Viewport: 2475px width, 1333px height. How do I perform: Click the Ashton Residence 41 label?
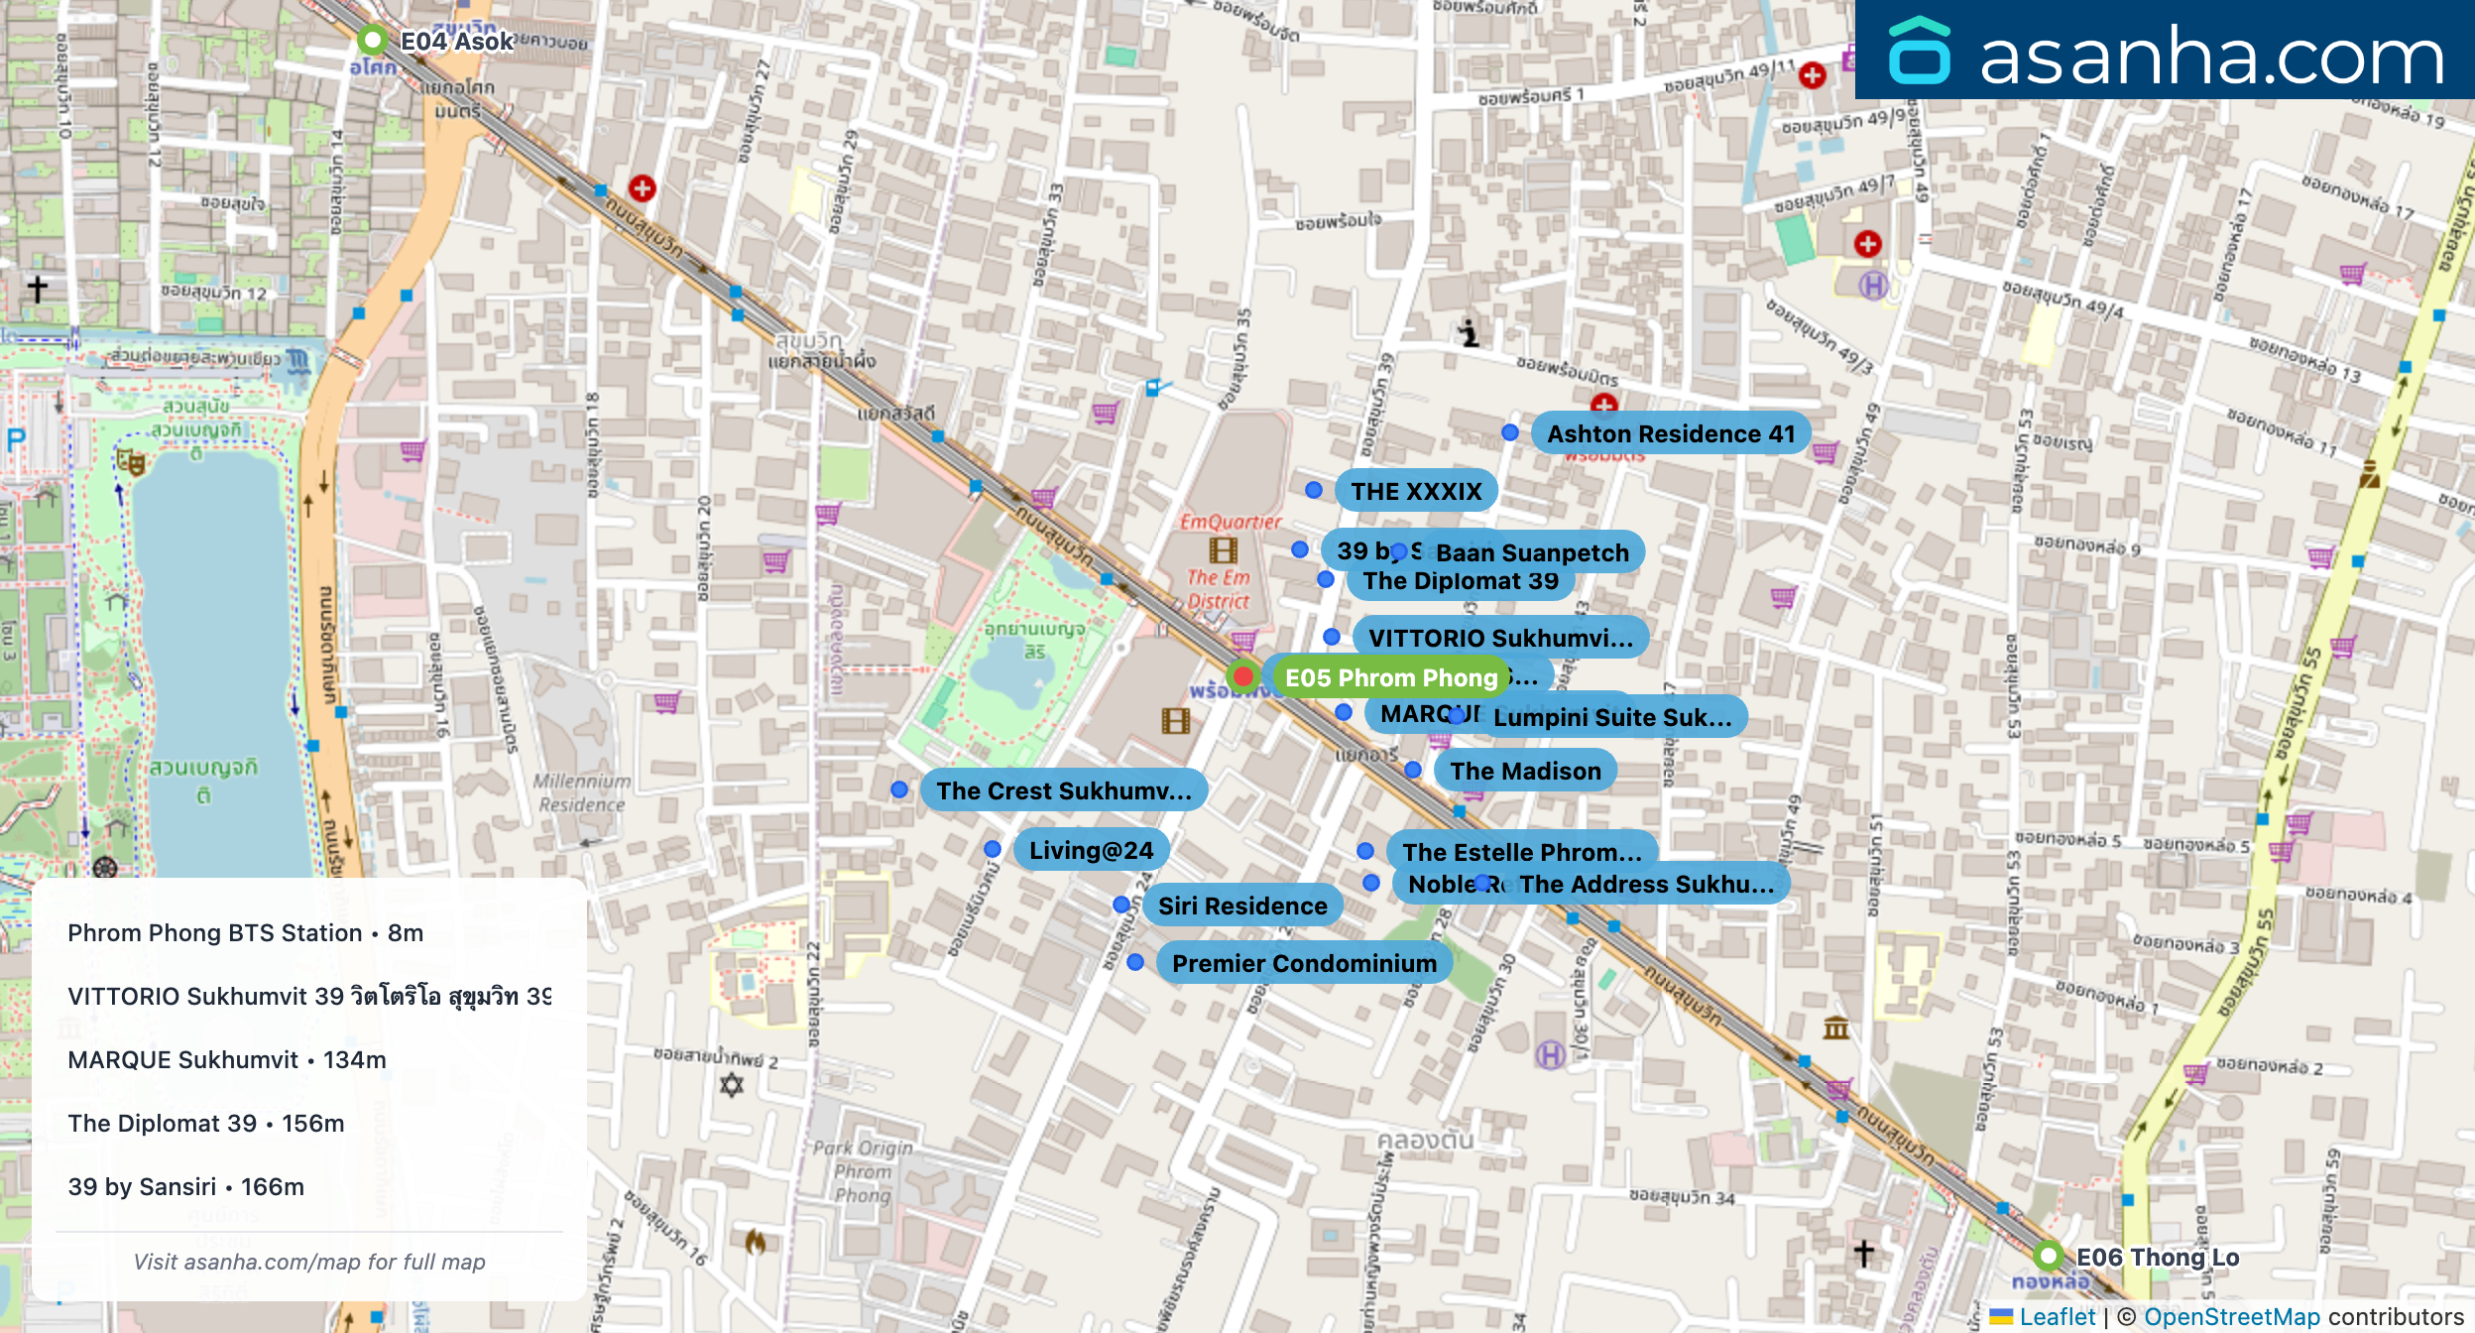tap(1671, 433)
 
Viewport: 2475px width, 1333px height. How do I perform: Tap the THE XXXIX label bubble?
tap(1416, 491)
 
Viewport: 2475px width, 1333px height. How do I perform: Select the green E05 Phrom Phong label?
tap(1390, 677)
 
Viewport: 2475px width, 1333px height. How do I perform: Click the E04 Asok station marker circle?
tap(372, 41)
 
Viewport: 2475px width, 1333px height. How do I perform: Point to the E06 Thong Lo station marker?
tap(2048, 1256)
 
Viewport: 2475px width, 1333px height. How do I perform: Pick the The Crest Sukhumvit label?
tap(1063, 790)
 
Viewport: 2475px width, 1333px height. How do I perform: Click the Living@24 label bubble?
tap(1091, 850)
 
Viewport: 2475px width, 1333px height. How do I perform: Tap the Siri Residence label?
tap(1241, 906)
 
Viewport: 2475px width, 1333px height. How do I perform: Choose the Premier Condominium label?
tap(1303, 963)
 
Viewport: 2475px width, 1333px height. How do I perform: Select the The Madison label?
tap(1525, 771)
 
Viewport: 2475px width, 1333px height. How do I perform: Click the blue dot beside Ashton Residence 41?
tap(1509, 432)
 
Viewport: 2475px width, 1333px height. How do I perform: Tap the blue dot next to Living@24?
tap(993, 849)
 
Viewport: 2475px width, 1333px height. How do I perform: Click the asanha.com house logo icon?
tap(1919, 52)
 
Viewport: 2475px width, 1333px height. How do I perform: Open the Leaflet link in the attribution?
tap(2057, 1316)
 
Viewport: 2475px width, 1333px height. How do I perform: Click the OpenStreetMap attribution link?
tap(2231, 1316)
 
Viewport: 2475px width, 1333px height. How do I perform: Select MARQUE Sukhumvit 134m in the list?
tap(227, 1059)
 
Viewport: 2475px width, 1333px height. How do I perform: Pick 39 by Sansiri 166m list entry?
tap(186, 1186)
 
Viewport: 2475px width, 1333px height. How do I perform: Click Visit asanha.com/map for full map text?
tap(309, 1262)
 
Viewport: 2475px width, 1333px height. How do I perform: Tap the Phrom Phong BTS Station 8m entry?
tap(246, 932)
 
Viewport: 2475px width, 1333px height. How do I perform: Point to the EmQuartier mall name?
tap(1230, 522)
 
